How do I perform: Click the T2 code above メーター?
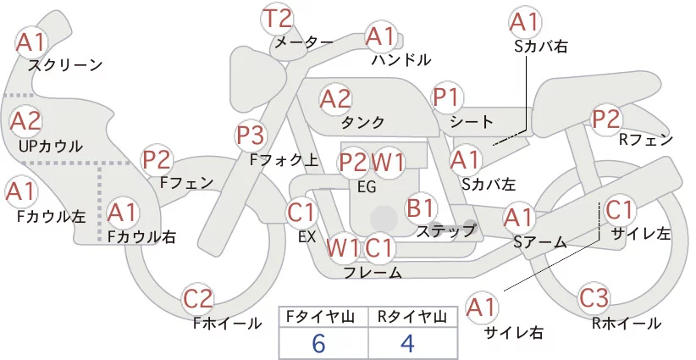(x=278, y=19)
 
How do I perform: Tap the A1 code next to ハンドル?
(x=381, y=36)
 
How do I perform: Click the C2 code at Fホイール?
(x=198, y=299)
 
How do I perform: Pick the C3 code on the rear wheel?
(x=594, y=298)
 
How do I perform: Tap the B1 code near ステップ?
(x=420, y=208)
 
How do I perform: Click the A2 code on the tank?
(x=335, y=99)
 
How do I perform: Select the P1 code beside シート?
(x=446, y=97)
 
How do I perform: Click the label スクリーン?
(x=65, y=66)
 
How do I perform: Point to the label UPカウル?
(x=51, y=147)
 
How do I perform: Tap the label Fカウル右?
(x=141, y=236)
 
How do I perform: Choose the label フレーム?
(x=373, y=273)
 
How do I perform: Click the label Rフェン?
(x=646, y=141)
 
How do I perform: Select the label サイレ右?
(x=514, y=333)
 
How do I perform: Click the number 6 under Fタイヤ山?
(x=318, y=344)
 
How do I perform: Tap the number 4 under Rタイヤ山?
(x=407, y=344)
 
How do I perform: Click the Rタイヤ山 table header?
(x=413, y=317)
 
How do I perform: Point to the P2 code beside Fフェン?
(x=157, y=160)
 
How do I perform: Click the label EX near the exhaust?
(x=307, y=237)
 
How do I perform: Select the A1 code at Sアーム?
(x=517, y=218)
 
